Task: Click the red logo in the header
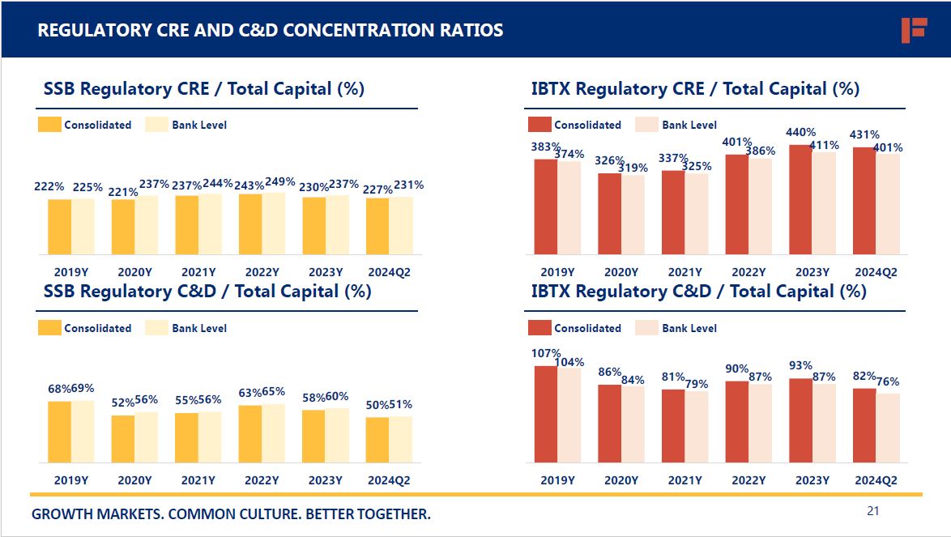tap(913, 30)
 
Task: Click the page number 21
tap(872, 510)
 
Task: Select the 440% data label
tap(800, 132)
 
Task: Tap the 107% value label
tap(546, 353)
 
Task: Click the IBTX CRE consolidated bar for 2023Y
tap(800, 199)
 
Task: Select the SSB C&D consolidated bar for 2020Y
tap(123, 439)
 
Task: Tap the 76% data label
tap(888, 381)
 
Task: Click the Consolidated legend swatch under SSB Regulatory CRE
tap(50, 125)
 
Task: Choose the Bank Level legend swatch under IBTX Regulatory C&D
tap(646, 328)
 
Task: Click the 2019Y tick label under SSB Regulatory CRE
tap(71, 272)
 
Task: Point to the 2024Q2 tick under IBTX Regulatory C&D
tap(876, 480)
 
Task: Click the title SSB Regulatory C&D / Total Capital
tap(207, 291)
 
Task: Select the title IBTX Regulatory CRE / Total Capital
tap(695, 88)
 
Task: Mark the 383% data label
tap(546, 147)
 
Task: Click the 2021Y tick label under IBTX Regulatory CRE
tap(684, 272)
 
